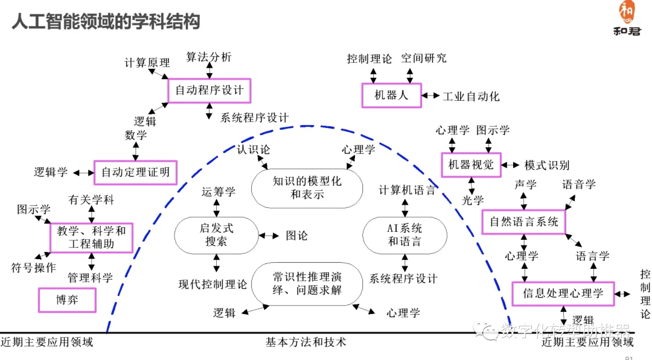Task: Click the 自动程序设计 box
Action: (209, 91)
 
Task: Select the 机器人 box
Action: (391, 95)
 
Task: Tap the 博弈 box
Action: (67, 300)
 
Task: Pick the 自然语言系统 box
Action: (523, 222)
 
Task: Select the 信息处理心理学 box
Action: (563, 294)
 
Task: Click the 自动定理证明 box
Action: (135, 173)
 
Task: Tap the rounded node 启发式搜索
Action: (216, 235)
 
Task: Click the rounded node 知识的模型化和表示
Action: (307, 188)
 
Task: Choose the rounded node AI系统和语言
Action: (404, 236)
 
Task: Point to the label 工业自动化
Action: (471, 97)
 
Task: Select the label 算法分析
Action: (208, 57)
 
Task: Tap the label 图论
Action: (296, 236)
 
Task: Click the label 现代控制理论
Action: (213, 284)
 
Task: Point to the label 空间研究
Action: (424, 59)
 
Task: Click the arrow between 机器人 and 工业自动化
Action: (431, 96)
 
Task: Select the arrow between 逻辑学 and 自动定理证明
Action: (83, 173)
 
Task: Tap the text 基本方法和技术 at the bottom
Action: (306, 342)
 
